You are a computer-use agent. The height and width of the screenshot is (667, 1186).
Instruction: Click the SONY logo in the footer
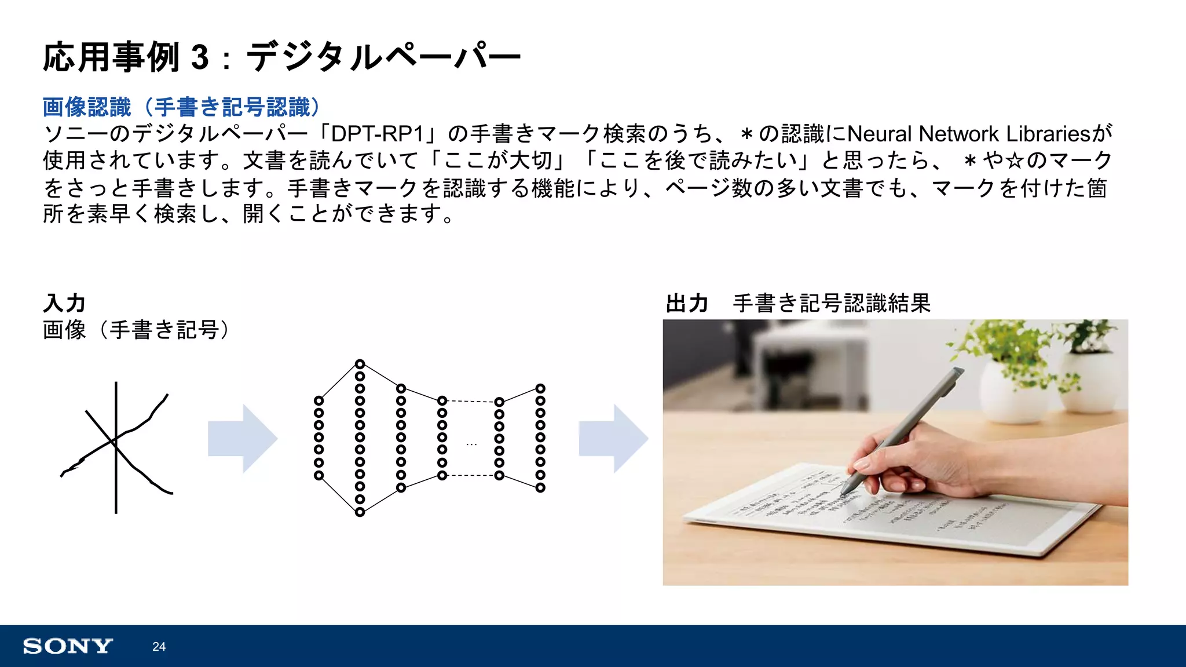(68, 646)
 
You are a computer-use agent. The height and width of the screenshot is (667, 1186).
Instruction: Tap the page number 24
(159, 647)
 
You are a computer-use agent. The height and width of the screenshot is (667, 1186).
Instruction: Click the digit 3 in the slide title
(200, 57)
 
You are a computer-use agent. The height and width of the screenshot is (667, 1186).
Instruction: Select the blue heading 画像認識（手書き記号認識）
(181, 107)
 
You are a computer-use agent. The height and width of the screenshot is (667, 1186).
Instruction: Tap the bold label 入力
(64, 303)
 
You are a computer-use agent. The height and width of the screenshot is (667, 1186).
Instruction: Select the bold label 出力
(687, 303)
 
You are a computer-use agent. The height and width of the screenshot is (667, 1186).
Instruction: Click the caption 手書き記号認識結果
(832, 303)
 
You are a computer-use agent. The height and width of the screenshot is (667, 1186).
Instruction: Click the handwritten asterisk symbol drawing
(116, 446)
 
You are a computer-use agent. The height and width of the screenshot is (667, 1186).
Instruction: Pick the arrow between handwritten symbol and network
(242, 439)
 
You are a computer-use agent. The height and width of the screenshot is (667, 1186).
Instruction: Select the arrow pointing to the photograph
(613, 439)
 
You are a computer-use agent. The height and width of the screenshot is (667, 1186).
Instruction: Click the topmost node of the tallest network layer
(360, 364)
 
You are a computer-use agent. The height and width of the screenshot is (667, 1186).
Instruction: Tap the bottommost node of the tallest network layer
(360, 512)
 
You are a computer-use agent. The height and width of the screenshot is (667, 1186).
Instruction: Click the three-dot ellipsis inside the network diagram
(471, 444)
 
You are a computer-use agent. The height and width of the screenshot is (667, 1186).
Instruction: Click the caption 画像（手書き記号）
(137, 330)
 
